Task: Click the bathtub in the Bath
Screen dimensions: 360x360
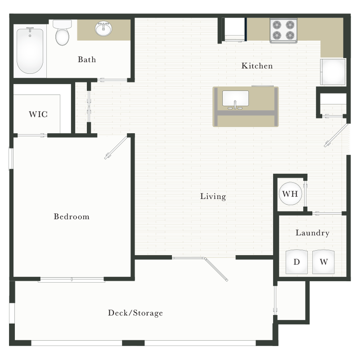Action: tap(30, 51)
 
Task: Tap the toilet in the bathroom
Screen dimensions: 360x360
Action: tap(62, 32)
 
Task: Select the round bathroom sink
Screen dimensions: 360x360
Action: tap(103, 29)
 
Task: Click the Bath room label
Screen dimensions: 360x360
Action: tap(87, 59)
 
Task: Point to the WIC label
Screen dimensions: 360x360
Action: tap(38, 114)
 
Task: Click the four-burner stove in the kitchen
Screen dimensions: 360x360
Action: tap(283, 31)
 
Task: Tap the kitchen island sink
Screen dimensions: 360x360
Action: tap(235, 99)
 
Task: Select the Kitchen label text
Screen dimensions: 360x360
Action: tap(257, 66)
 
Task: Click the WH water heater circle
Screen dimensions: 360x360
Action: tap(290, 193)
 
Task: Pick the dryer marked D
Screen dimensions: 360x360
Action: tap(297, 261)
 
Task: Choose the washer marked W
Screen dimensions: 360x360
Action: tap(324, 261)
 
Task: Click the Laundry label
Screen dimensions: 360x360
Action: tap(312, 233)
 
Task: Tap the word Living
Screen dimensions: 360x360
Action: tap(213, 197)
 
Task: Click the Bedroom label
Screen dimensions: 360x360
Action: tap(72, 216)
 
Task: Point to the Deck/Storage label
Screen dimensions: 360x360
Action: tap(135, 313)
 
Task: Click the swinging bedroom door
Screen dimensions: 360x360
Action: tap(116, 148)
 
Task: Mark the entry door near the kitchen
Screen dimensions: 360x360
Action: tap(336, 135)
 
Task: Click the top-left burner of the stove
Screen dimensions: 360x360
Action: tap(277, 25)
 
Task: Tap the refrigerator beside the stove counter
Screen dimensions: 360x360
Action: tap(333, 72)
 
